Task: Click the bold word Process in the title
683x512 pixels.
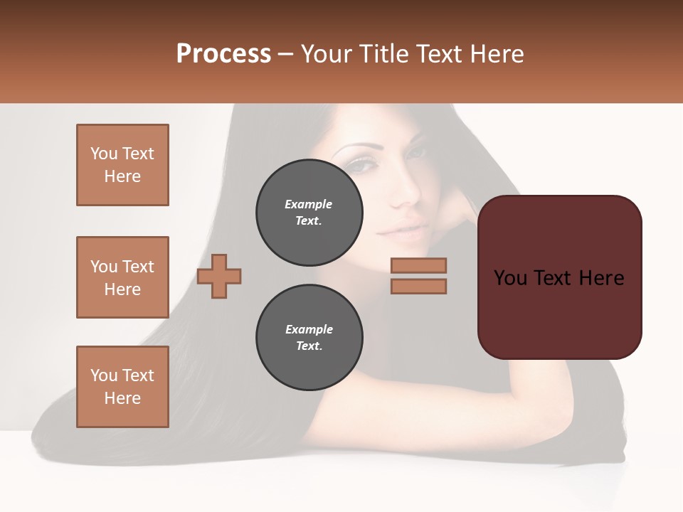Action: click(223, 54)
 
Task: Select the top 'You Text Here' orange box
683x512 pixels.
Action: click(122, 165)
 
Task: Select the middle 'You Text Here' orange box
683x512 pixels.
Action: click(122, 277)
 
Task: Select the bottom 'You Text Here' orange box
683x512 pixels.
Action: click(122, 387)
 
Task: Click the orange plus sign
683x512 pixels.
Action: click(219, 275)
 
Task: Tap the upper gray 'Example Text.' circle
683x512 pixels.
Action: click(309, 213)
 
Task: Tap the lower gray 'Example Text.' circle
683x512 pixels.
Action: click(309, 338)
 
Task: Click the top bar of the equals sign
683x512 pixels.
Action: click(418, 265)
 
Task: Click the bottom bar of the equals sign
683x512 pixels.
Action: click(418, 286)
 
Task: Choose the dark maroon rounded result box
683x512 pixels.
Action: click(559, 277)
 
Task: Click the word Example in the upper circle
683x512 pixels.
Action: click(309, 204)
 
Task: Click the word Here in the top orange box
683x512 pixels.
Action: click(122, 176)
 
